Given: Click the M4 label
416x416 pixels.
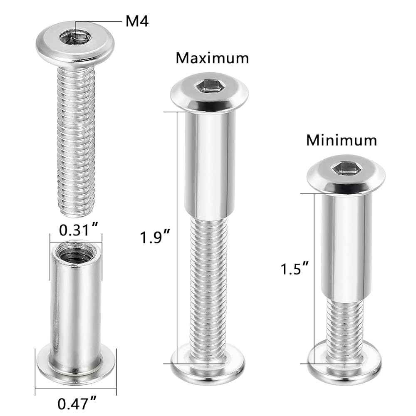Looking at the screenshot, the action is pos(137,21).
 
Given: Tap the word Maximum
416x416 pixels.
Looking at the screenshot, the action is pos(212,58).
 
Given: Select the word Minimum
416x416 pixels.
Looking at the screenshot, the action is pos(342,140).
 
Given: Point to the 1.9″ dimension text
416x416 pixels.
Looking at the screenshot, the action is pos(155,237).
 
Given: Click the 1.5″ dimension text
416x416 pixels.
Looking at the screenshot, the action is pos(295,269).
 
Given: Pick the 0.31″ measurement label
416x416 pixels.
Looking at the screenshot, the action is pos(79,230).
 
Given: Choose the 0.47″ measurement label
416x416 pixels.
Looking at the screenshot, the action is pos(77,404).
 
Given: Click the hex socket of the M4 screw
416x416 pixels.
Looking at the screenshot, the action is pos(75,37).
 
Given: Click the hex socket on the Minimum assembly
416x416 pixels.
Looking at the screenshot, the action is pos(346,169).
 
